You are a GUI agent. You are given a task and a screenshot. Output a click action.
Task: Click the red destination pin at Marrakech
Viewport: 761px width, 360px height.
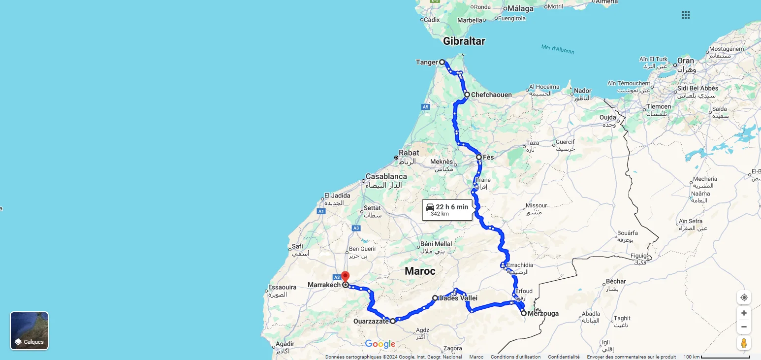click(345, 277)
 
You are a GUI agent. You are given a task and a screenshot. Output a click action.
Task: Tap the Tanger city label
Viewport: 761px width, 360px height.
click(427, 62)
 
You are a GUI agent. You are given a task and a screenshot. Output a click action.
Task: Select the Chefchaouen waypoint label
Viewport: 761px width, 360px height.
click(491, 95)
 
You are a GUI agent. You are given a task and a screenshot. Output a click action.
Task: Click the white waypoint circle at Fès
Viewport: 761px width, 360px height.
click(479, 157)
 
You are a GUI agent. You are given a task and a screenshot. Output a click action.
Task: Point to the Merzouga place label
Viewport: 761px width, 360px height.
click(543, 313)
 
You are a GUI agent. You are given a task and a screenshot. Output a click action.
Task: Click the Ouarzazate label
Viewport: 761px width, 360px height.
click(371, 322)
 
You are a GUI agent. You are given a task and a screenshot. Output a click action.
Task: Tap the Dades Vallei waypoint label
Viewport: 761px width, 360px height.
click(458, 298)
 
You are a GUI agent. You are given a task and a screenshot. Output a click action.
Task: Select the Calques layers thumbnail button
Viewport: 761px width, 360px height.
click(30, 330)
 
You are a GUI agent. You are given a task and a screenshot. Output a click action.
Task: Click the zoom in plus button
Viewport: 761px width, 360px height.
click(744, 313)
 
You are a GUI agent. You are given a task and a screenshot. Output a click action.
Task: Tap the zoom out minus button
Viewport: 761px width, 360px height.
click(744, 327)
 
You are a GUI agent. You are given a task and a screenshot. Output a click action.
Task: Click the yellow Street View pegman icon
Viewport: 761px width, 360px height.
click(744, 343)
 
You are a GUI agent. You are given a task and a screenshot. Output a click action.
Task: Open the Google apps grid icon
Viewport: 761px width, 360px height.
click(686, 15)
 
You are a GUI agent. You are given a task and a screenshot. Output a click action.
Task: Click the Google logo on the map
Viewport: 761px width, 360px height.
click(380, 344)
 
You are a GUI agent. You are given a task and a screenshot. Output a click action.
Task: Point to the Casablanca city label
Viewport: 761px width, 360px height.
click(386, 176)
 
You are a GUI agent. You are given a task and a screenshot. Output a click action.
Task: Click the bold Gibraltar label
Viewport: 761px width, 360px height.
click(464, 41)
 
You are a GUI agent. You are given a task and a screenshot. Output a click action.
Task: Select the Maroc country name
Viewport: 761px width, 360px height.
click(420, 271)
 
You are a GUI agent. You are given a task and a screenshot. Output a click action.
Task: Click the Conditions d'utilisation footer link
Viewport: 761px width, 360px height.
click(515, 357)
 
